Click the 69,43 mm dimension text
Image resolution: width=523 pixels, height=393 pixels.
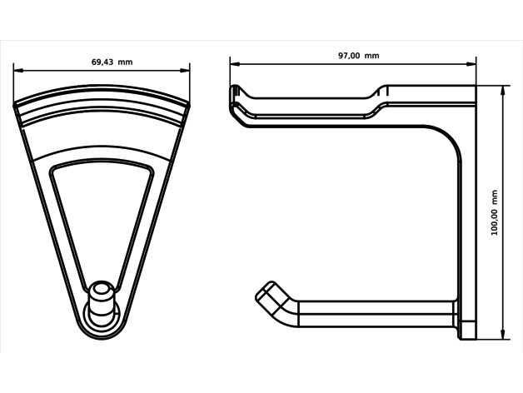point(112,62)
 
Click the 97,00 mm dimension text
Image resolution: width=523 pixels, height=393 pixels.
point(359,56)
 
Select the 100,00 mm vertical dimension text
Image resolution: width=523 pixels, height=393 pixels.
point(495,212)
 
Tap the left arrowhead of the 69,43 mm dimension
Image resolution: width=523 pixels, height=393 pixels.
point(18,71)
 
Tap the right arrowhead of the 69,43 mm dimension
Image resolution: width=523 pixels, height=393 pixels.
point(185,71)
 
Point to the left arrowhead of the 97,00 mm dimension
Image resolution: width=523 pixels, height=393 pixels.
point(235,64)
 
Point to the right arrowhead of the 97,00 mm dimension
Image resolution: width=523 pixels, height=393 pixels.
point(471,64)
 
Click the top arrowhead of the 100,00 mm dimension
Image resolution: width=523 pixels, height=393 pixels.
point(503,91)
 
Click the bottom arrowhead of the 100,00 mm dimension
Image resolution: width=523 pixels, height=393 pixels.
point(503,335)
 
